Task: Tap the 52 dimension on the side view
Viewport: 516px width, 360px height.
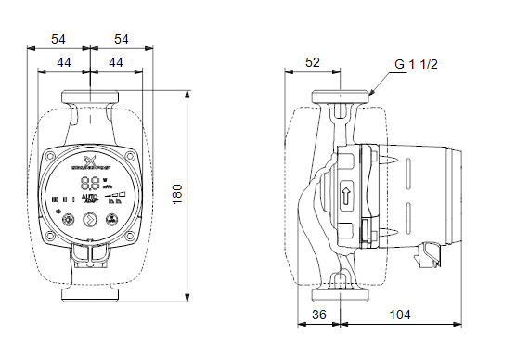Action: pyautogui.click(x=312, y=62)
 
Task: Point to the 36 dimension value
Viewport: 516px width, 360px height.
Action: pyautogui.click(x=319, y=315)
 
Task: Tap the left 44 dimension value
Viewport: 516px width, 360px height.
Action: pyautogui.click(x=64, y=61)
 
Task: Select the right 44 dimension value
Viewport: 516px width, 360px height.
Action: pyautogui.click(x=114, y=61)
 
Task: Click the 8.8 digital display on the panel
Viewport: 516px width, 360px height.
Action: pyautogui.click(x=90, y=183)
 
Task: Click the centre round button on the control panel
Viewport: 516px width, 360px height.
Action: pyautogui.click(x=90, y=220)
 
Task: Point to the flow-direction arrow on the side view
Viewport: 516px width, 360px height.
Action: pyautogui.click(x=345, y=196)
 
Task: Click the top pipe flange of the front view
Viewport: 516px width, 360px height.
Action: pyautogui.click(x=90, y=96)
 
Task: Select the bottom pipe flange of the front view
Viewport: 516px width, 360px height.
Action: pyautogui.click(x=90, y=295)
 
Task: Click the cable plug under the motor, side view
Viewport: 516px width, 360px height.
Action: pyautogui.click(x=428, y=251)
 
